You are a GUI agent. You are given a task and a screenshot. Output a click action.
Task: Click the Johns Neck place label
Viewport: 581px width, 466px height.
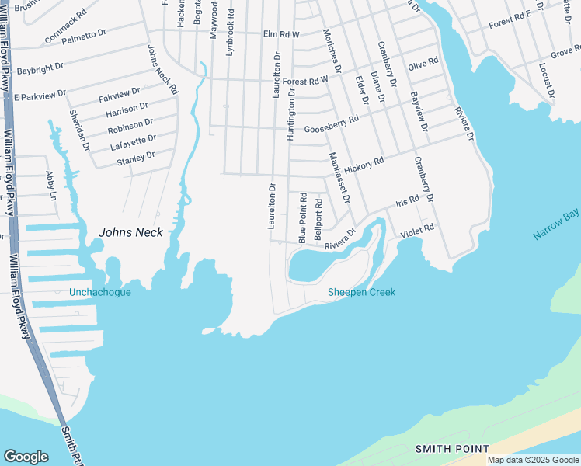click(130, 231)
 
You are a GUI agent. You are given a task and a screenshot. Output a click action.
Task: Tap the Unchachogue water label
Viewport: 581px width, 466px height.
click(100, 292)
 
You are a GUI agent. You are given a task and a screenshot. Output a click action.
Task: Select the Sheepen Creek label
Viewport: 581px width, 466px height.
click(361, 292)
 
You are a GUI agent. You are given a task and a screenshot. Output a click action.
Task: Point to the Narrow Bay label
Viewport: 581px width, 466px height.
click(556, 224)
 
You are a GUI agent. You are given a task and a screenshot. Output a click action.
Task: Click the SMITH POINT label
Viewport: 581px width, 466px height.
click(452, 449)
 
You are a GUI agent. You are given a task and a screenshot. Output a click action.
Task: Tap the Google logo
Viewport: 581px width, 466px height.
click(26, 457)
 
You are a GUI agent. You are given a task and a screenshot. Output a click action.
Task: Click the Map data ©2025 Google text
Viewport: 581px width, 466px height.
click(532, 460)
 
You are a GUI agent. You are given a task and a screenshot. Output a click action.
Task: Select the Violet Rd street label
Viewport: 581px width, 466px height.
click(417, 231)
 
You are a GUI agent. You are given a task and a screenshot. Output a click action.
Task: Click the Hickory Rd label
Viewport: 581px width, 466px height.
click(364, 165)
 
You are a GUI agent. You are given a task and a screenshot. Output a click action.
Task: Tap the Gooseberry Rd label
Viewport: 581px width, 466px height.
click(332, 124)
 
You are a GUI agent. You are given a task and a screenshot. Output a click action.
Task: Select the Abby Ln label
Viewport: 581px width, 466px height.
click(51, 186)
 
